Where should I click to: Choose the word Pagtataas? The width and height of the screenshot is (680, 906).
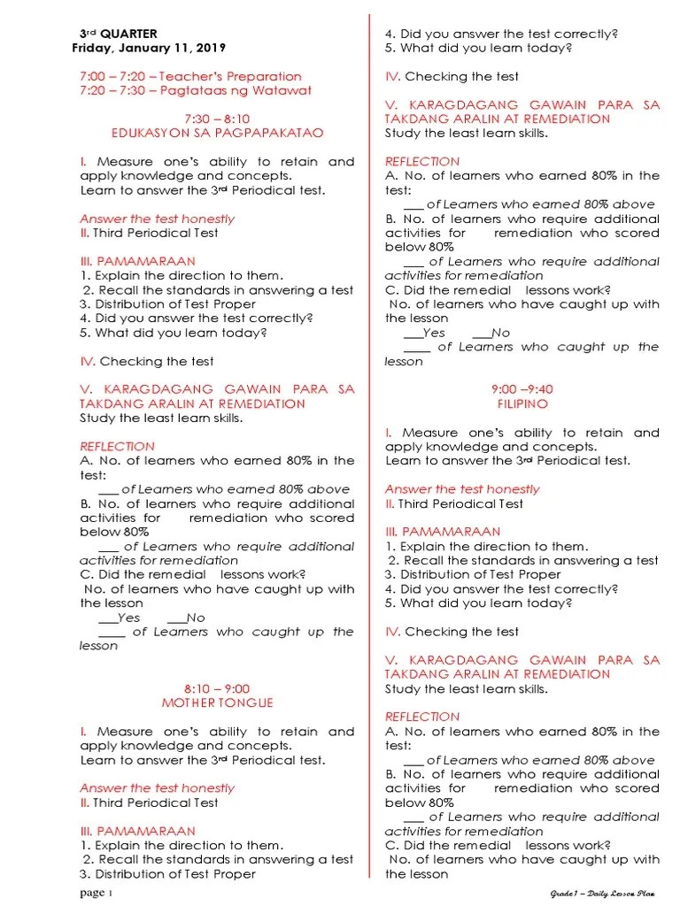[189, 90]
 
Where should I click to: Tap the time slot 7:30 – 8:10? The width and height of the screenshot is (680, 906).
[217, 119]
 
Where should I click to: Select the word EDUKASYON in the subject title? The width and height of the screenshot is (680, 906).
[148, 133]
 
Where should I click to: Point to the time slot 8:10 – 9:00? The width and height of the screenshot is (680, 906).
[217, 688]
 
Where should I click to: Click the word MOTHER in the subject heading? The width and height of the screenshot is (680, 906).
[191, 703]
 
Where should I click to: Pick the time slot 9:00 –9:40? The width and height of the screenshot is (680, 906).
[522, 389]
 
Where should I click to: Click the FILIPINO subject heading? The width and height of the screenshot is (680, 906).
[522, 403]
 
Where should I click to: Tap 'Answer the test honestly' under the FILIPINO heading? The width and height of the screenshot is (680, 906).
[462, 489]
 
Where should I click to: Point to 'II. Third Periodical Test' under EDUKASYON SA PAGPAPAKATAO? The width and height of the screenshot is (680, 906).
[149, 233]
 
